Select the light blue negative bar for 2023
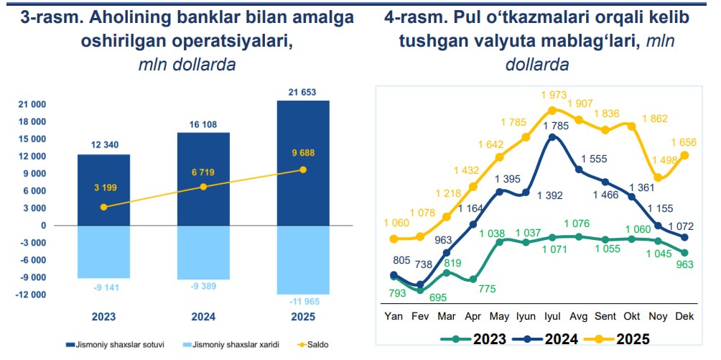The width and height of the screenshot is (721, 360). [104, 251]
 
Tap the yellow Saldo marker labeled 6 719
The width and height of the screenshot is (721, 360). [203, 187]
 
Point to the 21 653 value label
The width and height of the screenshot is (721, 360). [302, 91]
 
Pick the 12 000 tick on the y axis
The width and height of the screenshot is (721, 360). [32, 157]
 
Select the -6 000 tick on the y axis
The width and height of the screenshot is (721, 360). [32, 260]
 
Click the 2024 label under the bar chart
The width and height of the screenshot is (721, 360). [203, 316]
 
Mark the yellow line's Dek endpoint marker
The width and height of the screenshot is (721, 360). [684, 155]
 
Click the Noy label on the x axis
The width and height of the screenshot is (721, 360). [658, 316]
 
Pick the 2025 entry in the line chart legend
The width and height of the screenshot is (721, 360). [623, 338]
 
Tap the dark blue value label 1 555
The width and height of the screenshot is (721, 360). [594, 159]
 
